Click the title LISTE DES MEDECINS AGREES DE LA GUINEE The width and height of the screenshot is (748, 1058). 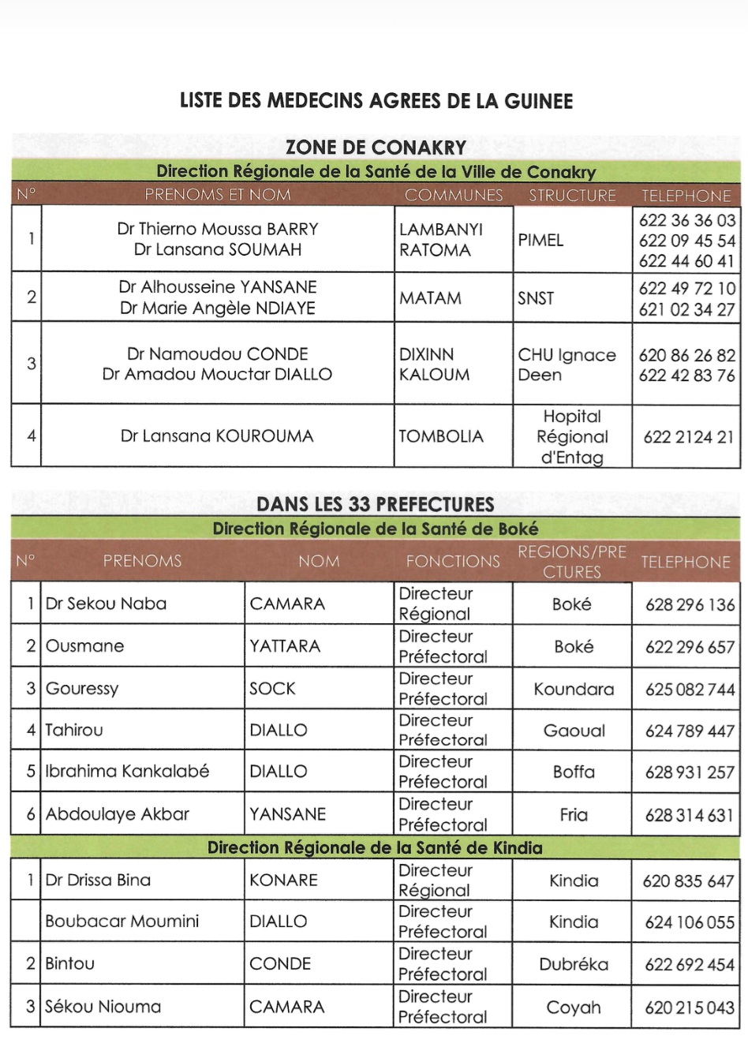[376, 101]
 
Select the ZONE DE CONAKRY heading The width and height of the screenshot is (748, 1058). [376, 148]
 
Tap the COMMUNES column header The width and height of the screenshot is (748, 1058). [454, 195]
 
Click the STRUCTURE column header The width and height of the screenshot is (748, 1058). [572, 195]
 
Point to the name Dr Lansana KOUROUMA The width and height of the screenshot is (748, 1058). [217, 436]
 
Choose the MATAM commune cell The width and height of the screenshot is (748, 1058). [431, 298]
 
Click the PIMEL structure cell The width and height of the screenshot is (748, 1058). [540, 240]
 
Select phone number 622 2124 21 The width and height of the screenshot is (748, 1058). [688, 436]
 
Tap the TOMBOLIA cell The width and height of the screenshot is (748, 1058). [441, 436]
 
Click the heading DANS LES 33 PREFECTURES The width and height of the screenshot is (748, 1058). [376, 505]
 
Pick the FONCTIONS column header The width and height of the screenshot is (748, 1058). [453, 561]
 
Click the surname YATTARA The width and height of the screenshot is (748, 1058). [285, 646]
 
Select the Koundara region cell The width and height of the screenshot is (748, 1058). [574, 689]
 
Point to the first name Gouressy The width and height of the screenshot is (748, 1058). [82, 688]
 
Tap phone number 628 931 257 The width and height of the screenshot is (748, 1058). [690, 772]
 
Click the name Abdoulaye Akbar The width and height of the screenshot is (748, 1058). [118, 814]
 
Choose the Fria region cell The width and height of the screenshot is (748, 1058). [574, 814]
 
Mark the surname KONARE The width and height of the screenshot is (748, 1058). [283, 880]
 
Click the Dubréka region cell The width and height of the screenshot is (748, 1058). [574, 964]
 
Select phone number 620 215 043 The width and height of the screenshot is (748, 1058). [690, 1008]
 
